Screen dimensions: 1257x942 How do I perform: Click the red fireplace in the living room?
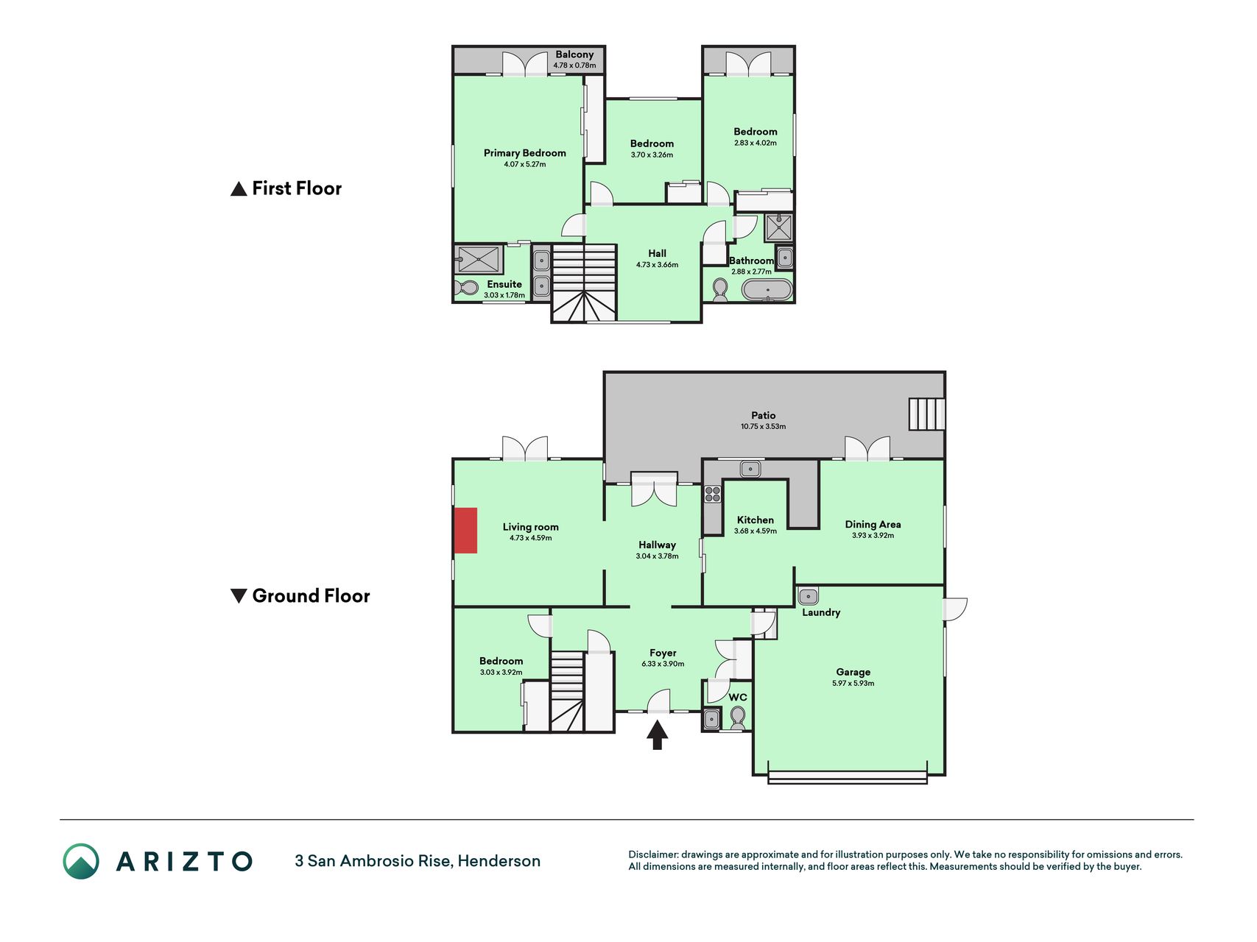[465, 530]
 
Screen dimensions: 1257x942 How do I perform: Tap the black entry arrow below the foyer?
[657, 735]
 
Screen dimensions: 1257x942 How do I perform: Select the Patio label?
[764, 415]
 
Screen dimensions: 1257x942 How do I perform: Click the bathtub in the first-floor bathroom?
[767, 289]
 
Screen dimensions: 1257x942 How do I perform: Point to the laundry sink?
[808, 595]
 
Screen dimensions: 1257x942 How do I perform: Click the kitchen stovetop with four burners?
[713, 494]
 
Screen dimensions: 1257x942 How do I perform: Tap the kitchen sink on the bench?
[750, 468]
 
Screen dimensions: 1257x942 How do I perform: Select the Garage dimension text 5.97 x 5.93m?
[853, 683]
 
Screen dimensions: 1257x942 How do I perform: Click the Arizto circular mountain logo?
[81, 861]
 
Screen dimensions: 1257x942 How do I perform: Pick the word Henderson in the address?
[499, 861]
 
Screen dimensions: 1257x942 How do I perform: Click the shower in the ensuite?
[479, 259]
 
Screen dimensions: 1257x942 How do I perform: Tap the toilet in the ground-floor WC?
[737, 716]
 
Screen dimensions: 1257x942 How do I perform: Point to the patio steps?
[926, 414]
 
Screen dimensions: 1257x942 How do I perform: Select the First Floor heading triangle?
[239, 189]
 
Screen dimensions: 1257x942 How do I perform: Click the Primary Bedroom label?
[525, 153]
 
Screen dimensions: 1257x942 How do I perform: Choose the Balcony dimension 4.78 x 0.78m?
[574, 65]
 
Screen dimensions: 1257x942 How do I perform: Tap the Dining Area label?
[873, 525]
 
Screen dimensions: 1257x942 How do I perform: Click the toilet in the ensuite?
[467, 288]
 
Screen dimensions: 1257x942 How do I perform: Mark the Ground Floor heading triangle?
[239, 596]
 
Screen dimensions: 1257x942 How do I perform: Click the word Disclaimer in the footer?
[652, 854]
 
